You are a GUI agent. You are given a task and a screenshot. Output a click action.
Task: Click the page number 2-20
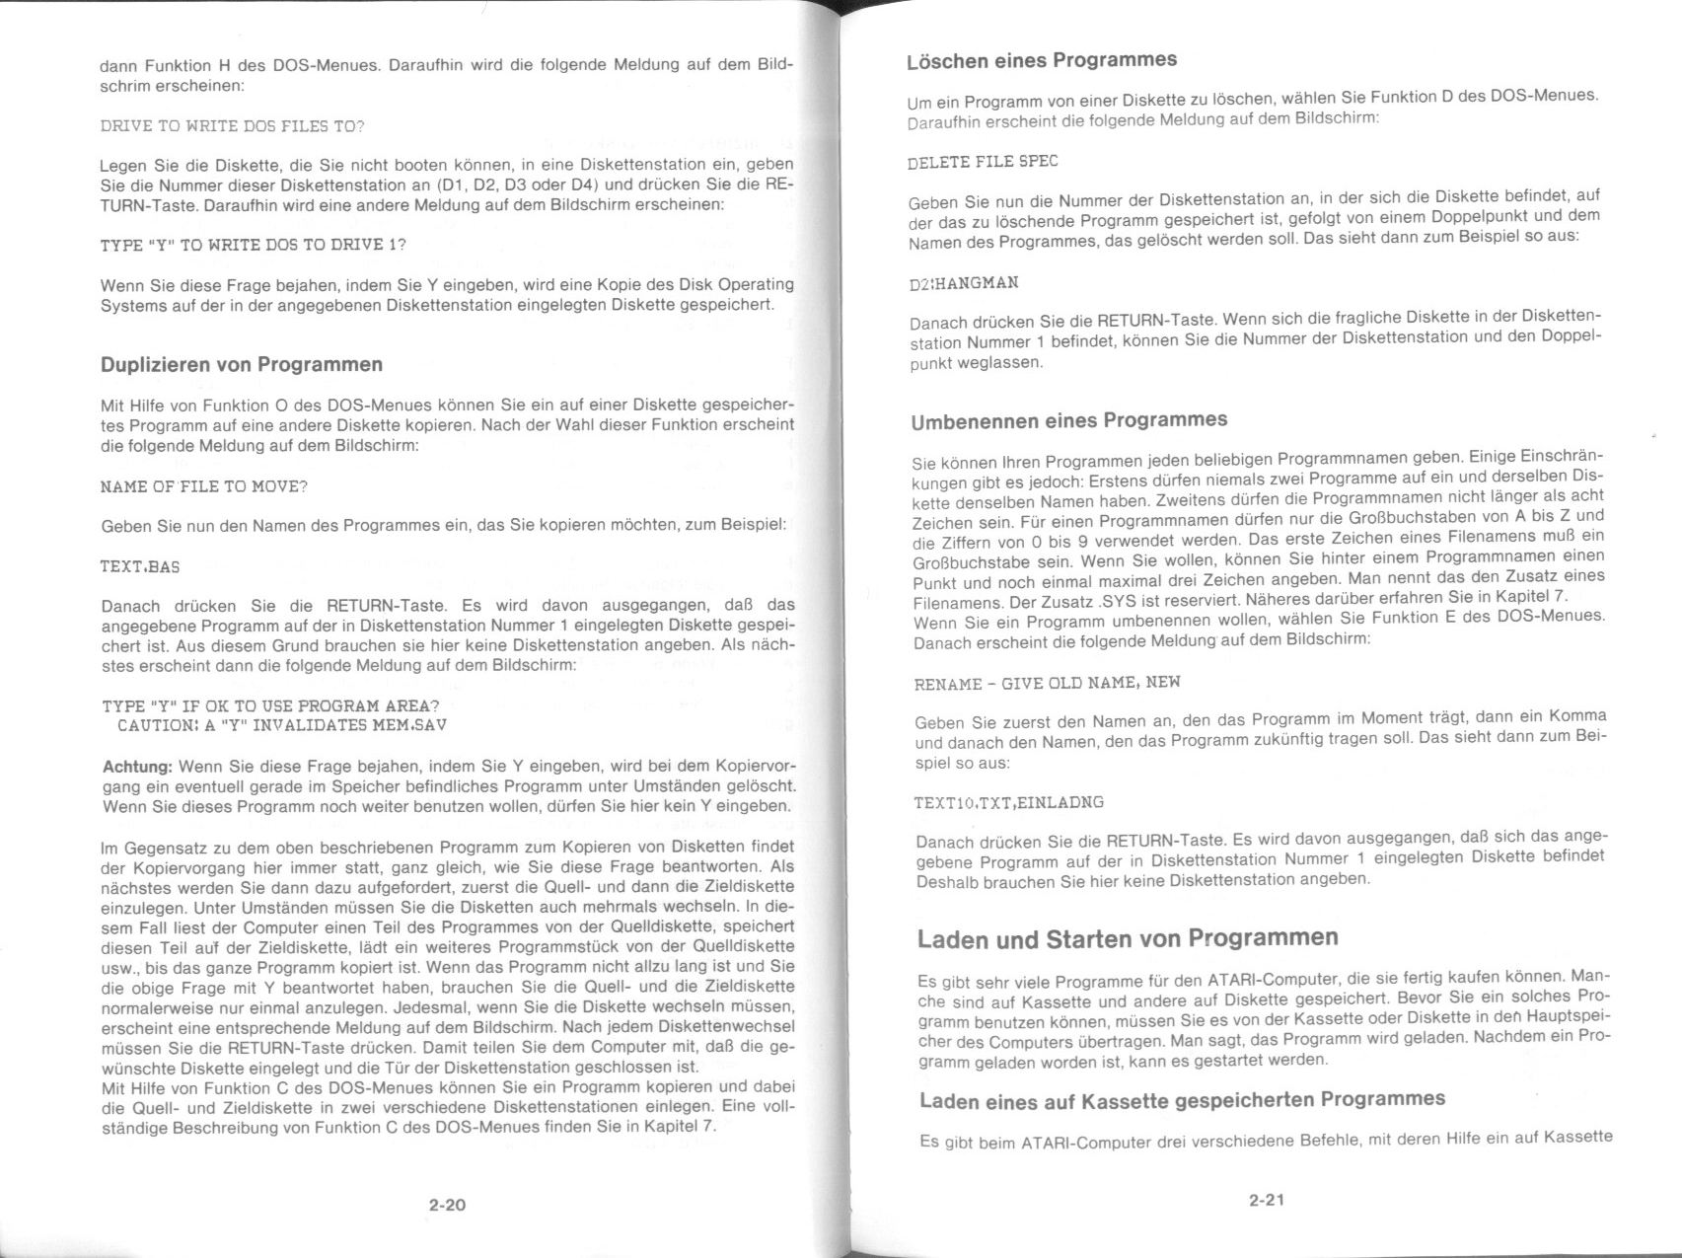pyautogui.click(x=447, y=1205)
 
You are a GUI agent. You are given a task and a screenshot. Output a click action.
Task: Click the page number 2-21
pyautogui.click(x=1266, y=1200)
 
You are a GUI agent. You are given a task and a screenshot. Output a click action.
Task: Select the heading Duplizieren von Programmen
pyautogui.click(x=242, y=364)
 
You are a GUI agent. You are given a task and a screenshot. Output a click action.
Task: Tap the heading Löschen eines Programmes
pyautogui.click(x=1042, y=60)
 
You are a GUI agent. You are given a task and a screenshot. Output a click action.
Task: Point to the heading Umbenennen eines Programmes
pyautogui.click(x=1069, y=421)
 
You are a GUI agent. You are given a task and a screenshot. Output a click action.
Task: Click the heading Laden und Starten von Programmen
pyautogui.click(x=1128, y=938)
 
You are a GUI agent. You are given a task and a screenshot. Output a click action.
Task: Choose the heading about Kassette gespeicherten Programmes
pyautogui.click(x=1182, y=1100)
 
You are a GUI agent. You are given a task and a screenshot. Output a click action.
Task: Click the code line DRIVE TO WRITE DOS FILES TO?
pyautogui.click(x=233, y=126)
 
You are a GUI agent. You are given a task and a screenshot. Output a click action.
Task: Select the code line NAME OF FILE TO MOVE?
pyautogui.click(x=204, y=486)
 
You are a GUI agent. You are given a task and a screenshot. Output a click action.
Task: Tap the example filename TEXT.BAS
pyautogui.click(x=140, y=566)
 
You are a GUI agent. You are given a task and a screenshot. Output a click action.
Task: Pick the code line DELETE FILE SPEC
pyautogui.click(x=983, y=162)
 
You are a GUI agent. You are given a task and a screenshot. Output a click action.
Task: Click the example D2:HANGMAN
pyautogui.click(x=963, y=283)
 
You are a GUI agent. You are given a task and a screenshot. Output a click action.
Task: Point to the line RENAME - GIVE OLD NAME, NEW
pyautogui.click(x=1047, y=683)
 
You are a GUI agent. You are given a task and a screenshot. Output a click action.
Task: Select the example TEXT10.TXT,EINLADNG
pyautogui.click(x=1008, y=802)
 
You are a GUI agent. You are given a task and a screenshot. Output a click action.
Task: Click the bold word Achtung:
pyautogui.click(x=138, y=767)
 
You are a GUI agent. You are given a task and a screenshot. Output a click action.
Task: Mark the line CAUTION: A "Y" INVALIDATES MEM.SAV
pyautogui.click(x=281, y=725)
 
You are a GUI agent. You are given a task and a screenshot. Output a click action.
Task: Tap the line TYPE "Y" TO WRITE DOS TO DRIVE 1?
pyautogui.click(x=254, y=245)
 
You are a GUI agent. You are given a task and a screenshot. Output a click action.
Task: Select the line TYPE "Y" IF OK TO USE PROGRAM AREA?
pyautogui.click(x=270, y=705)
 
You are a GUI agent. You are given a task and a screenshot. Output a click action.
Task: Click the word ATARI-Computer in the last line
pyautogui.click(x=1086, y=1144)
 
